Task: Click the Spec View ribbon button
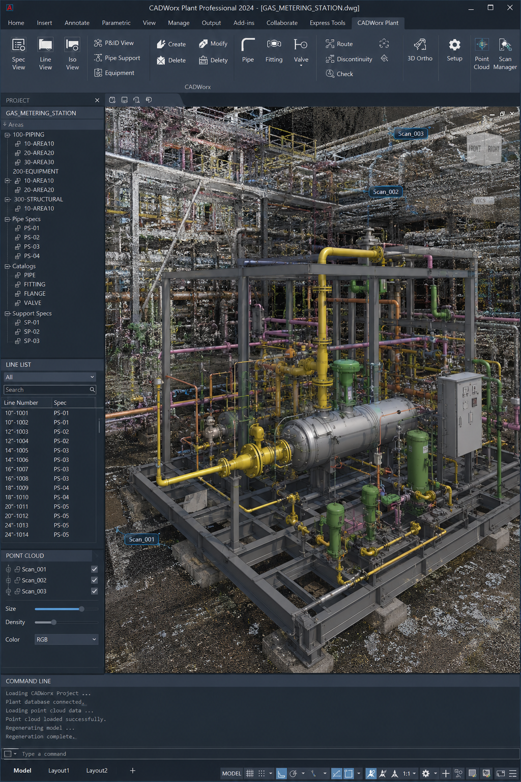18,54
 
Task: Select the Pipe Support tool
117,58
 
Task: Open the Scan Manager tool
505,54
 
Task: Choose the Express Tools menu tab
327,23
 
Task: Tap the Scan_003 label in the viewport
411,134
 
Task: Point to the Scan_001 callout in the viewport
141,539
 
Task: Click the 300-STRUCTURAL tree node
38,200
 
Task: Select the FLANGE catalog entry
35,294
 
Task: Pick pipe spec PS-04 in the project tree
32,256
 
